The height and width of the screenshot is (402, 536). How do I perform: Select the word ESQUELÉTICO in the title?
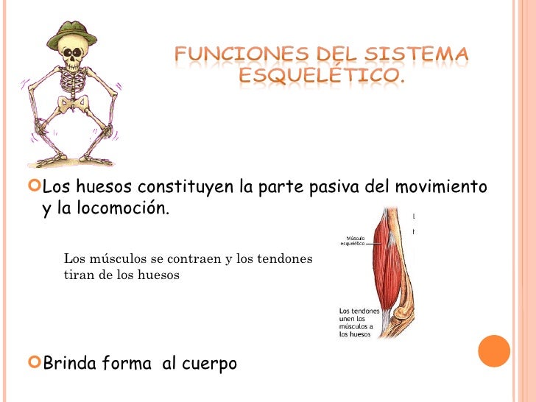click(x=321, y=77)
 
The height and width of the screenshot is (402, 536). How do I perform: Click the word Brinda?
click(x=69, y=363)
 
